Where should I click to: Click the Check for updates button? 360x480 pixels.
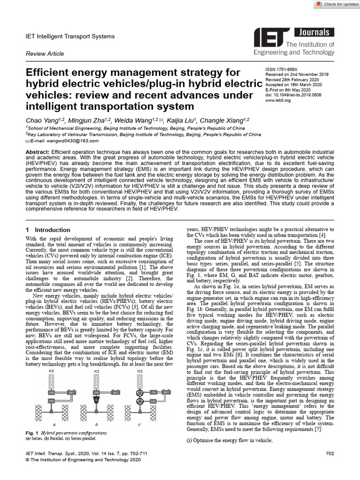pos(335,4)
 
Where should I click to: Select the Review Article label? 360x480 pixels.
pos(44,54)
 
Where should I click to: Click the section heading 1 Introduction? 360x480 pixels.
pos(47,230)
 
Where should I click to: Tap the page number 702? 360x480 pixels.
pos(330,454)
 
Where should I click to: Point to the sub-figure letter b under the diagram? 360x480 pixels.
pos(96,424)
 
